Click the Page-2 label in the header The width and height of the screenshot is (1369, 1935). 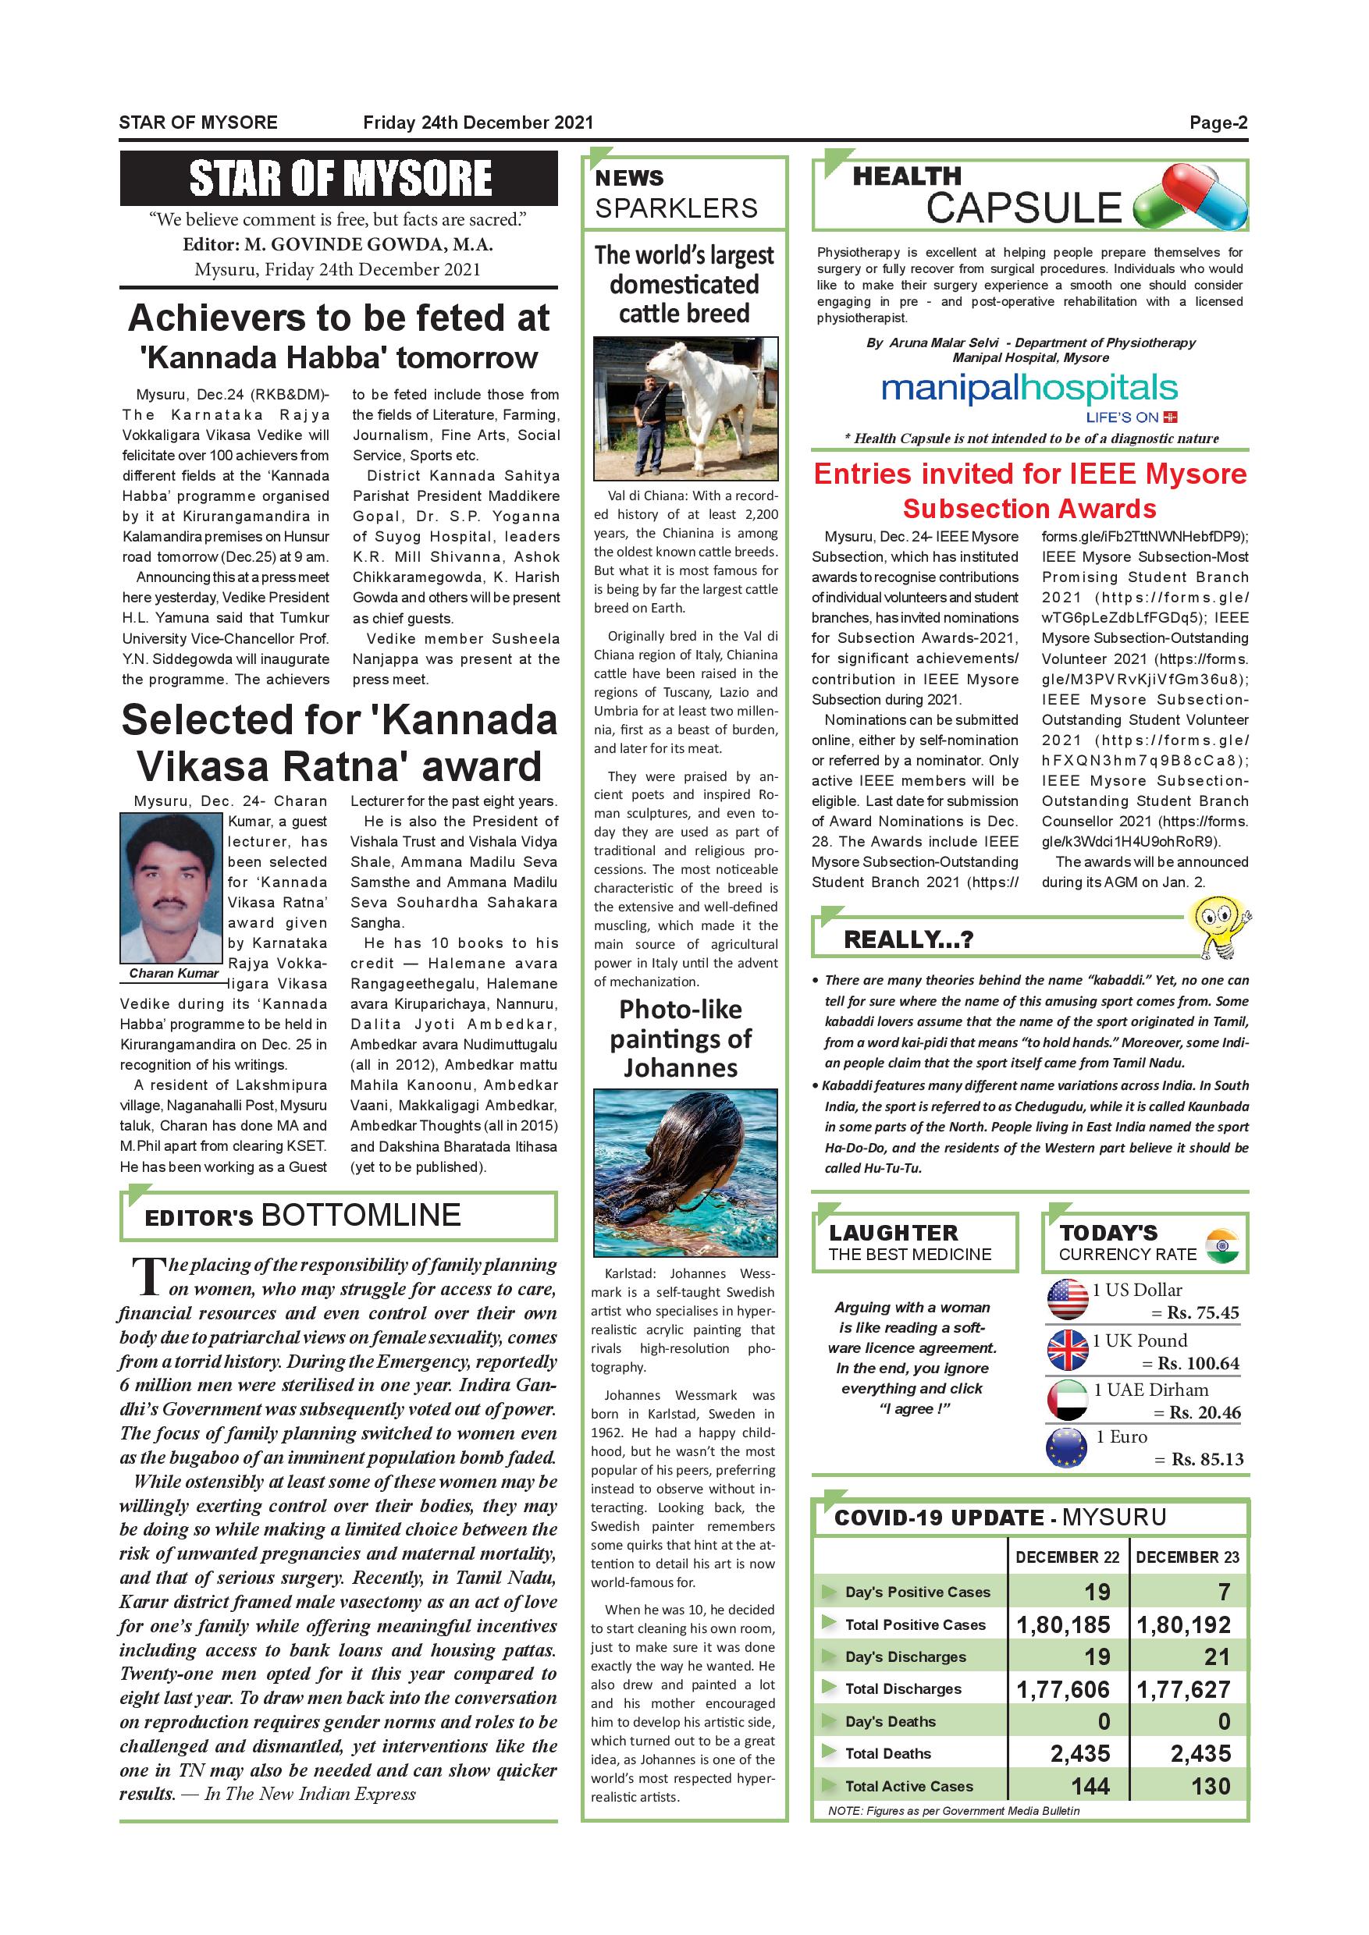click(1218, 123)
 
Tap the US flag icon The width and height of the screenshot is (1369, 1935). click(1067, 1300)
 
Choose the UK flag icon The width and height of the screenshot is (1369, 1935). click(1067, 1350)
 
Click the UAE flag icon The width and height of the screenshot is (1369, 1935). click(1067, 1400)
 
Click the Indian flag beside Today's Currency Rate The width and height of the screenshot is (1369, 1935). click(1221, 1245)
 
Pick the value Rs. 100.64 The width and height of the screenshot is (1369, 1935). click(1198, 1364)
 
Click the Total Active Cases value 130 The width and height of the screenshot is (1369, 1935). click(1211, 1785)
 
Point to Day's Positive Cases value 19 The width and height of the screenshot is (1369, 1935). click(1097, 1592)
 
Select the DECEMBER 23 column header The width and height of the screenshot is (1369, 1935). click(1187, 1557)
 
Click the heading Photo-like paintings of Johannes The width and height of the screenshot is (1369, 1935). click(681, 1039)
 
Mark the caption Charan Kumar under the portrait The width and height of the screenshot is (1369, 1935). click(173, 972)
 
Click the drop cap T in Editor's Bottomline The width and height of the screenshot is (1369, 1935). click(148, 1276)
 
